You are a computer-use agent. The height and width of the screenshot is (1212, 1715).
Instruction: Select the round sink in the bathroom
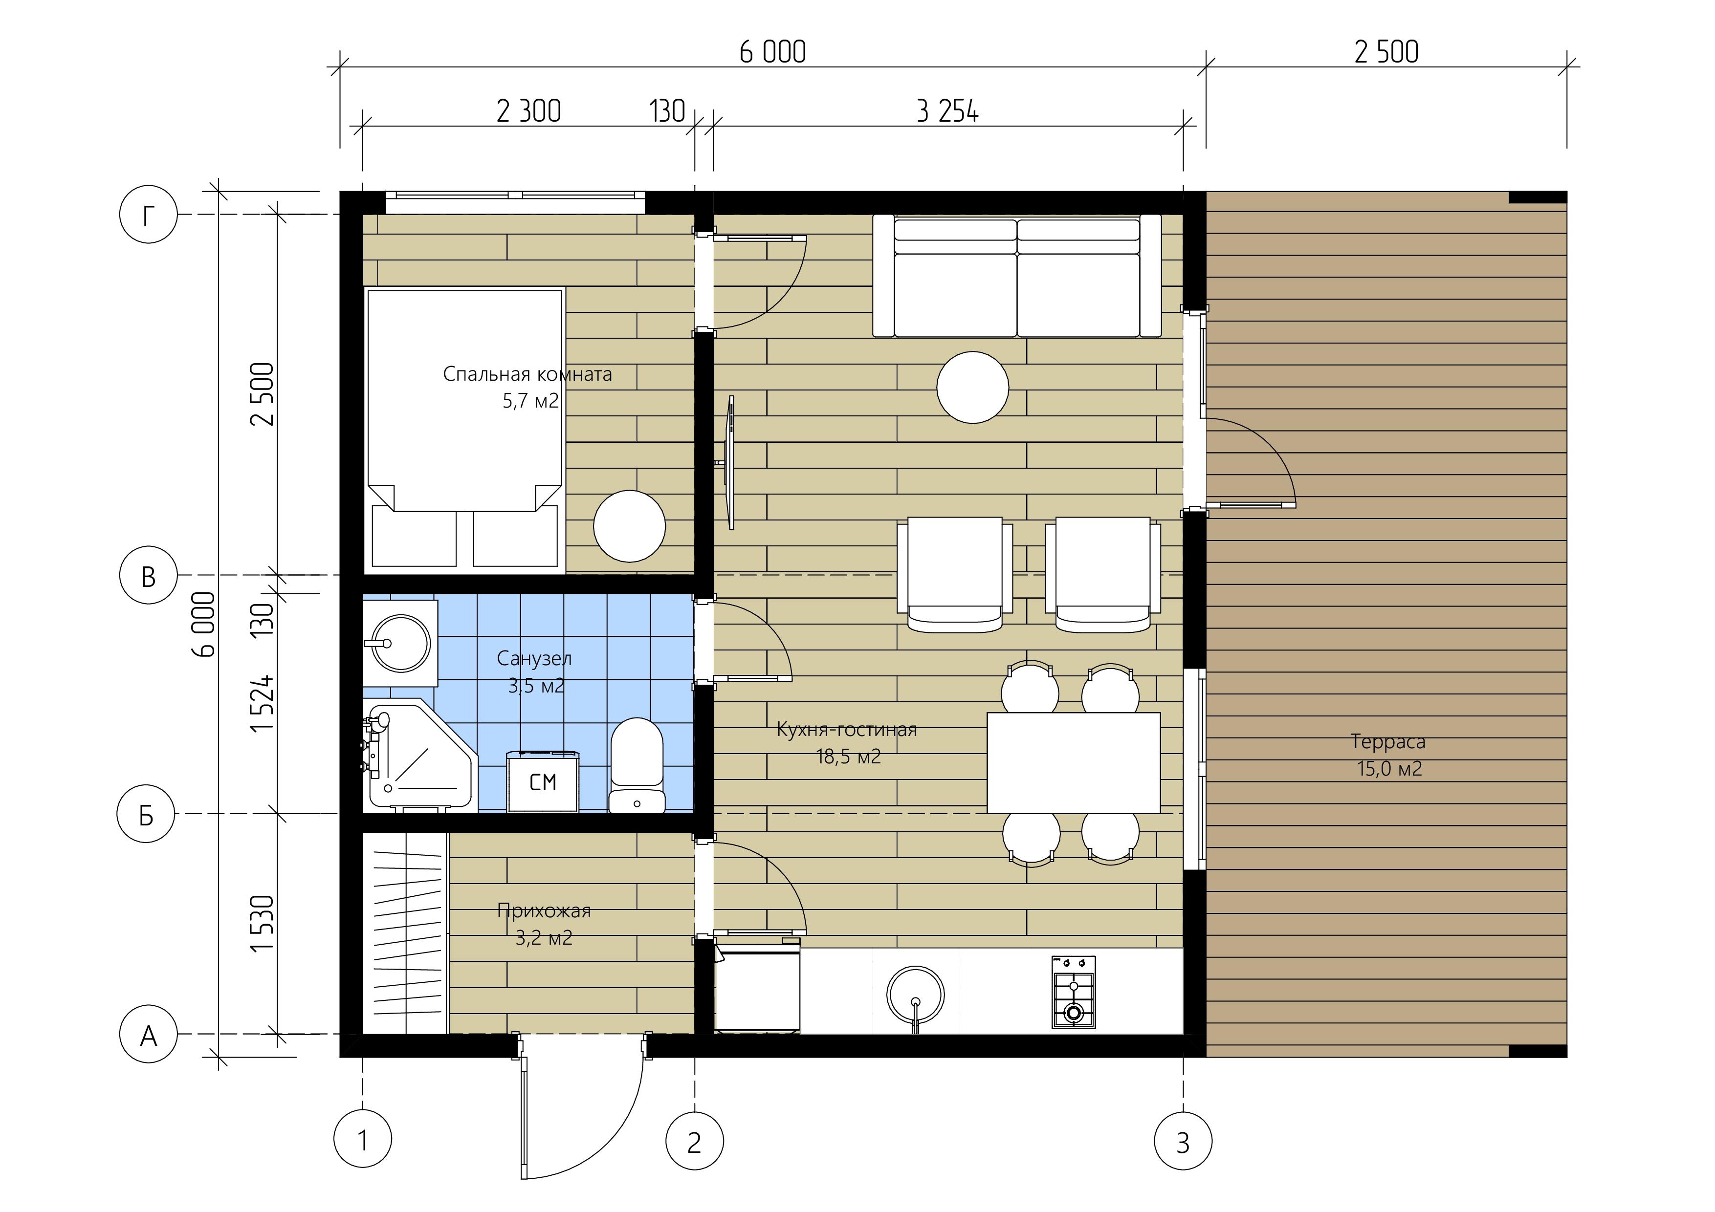(401, 643)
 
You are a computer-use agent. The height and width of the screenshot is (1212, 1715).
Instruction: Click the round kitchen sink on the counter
(915, 995)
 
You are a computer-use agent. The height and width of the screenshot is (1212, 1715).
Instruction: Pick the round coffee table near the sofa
(972, 388)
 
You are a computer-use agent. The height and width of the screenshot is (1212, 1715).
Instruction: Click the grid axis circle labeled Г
(149, 215)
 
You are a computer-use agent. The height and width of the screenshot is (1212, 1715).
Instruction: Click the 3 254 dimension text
(947, 112)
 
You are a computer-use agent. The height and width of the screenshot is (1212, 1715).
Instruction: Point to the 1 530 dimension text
(263, 923)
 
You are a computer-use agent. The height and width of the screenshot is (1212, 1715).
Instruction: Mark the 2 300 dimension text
(529, 112)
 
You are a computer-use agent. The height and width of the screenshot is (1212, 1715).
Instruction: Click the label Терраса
(1388, 741)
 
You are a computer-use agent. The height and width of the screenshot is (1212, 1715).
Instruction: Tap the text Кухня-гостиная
(847, 730)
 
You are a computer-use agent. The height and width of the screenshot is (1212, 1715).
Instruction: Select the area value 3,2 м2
(544, 938)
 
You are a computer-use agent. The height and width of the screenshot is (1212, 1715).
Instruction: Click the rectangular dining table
(1074, 762)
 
